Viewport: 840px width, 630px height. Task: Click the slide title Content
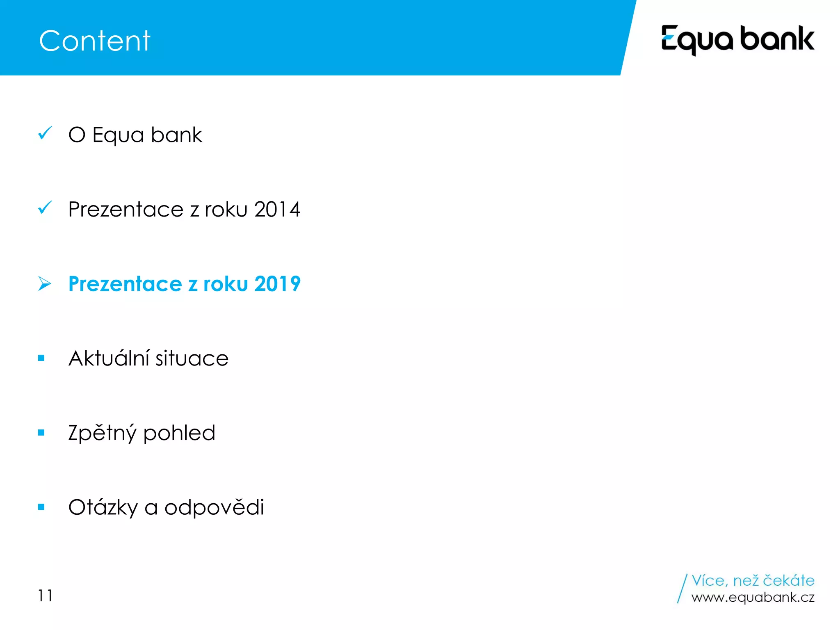coord(95,41)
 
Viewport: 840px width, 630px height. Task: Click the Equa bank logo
coord(737,40)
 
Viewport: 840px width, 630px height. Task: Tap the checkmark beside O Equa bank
coord(45,133)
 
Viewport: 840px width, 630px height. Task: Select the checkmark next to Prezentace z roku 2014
coord(45,208)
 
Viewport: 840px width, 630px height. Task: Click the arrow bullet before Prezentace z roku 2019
coord(44,283)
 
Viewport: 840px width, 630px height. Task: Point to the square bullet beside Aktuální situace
coord(41,358)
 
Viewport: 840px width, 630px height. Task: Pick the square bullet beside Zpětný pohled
coord(41,432)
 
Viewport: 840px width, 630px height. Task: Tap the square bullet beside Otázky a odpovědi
coord(41,507)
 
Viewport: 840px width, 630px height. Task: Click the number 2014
coord(277,210)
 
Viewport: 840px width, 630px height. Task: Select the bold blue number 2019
coord(277,284)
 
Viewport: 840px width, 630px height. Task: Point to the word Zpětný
coord(102,434)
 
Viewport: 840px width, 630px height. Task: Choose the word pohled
coord(179,433)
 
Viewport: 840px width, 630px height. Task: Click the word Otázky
coord(103,508)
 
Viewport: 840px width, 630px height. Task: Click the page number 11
coord(45,596)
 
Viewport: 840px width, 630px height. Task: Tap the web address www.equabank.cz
coord(753,597)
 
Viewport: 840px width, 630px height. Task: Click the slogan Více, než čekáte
coord(753,580)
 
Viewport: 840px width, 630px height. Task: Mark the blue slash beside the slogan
coord(682,589)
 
